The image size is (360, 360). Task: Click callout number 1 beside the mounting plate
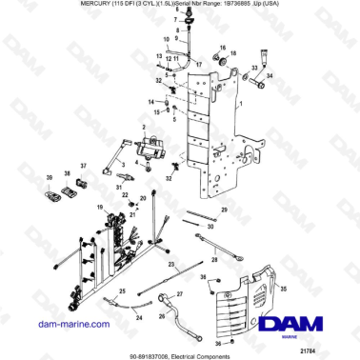click(257, 99)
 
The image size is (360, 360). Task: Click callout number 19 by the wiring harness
click(97, 207)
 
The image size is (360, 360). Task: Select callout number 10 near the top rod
click(165, 41)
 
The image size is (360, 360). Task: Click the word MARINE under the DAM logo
click(306, 336)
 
